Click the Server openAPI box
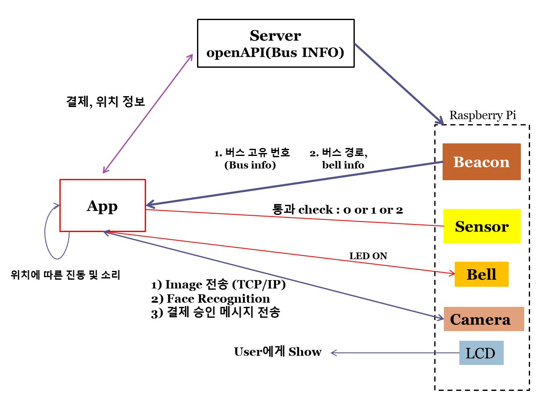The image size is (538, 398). [276, 43]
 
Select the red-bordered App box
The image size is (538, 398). [102, 205]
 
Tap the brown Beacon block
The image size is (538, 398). [482, 162]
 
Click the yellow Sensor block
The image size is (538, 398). [482, 226]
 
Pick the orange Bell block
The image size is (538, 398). [482, 274]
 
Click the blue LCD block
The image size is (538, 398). [481, 353]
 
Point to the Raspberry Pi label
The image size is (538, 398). [483, 115]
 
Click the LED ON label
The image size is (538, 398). [368, 256]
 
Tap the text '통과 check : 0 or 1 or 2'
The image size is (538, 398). [338, 209]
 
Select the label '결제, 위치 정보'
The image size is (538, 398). [106, 102]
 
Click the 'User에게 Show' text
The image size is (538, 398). [278, 352]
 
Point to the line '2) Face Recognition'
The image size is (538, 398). [210, 298]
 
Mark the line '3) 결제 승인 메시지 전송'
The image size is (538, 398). [215, 313]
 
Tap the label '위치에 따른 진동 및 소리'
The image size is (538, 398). [65, 275]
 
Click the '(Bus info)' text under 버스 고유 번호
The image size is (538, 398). [250, 165]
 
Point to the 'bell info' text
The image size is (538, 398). [343, 165]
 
